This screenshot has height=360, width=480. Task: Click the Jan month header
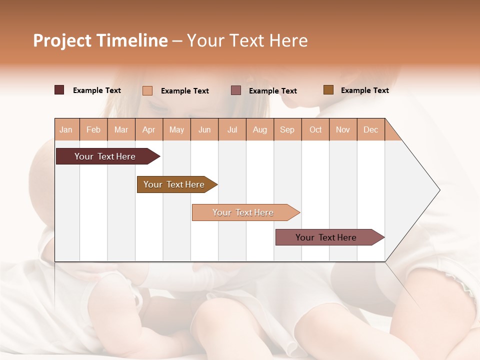tap(66, 129)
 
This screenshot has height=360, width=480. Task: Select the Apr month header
tap(149, 129)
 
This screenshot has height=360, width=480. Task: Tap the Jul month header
tap(232, 129)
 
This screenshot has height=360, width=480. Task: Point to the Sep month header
tap(287, 129)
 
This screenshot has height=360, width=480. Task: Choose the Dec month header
tap(370, 129)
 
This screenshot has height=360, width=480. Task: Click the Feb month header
tap(93, 129)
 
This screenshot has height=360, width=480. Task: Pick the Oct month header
tap(315, 129)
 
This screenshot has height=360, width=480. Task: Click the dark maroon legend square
tap(59, 90)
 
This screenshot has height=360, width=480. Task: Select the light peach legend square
tap(147, 90)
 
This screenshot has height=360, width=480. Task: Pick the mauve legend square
tap(236, 90)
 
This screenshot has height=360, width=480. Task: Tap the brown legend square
tap(328, 90)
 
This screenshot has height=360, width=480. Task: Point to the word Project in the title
tap(62, 40)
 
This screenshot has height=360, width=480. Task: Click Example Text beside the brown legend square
tap(364, 90)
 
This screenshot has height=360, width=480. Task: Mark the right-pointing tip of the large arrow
tap(439, 190)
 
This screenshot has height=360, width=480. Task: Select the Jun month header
tap(204, 129)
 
